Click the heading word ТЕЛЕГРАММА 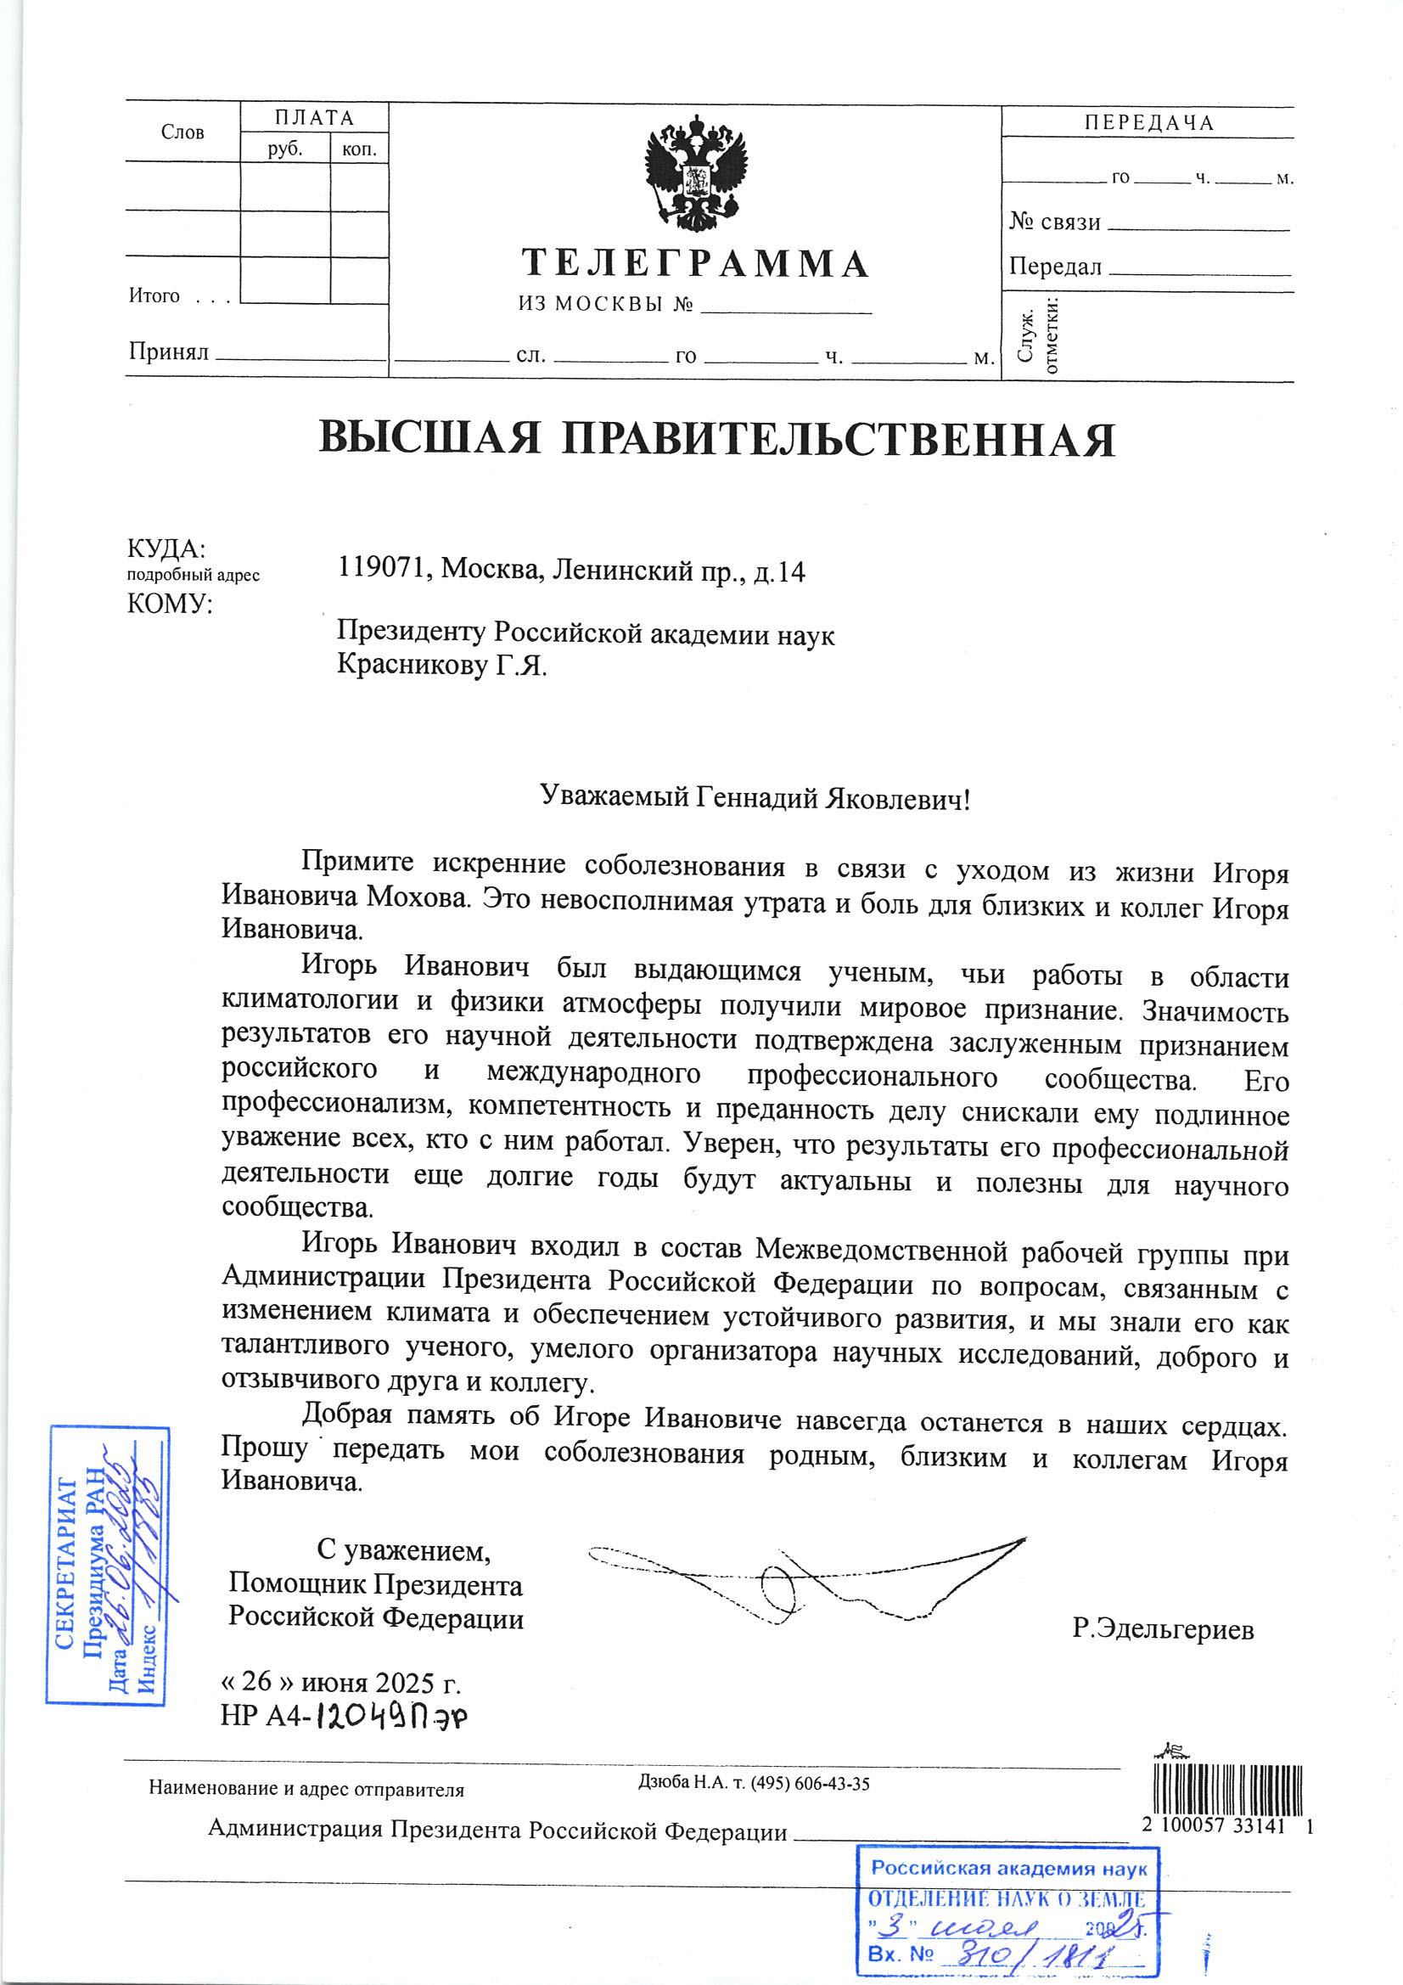click(695, 264)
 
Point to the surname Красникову click(412, 665)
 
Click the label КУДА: click(166, 549)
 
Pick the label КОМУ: click(170, 604)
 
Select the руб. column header click(284, 149)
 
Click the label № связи click(1054, 222)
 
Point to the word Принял click(169, 351)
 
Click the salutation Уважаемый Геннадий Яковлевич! click(755, 796)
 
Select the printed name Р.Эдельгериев click(1163, 1629)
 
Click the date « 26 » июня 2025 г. click(340, 1682)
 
